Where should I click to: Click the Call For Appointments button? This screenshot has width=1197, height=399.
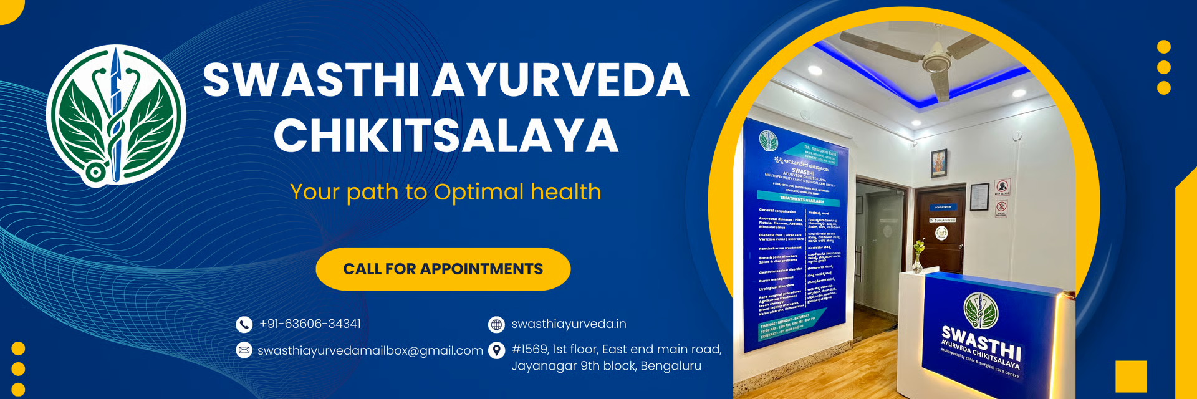(x=443, y=269)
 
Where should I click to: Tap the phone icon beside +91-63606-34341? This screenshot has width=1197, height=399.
(x=244, y=324)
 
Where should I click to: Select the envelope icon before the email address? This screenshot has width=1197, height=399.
(x=244, y=350)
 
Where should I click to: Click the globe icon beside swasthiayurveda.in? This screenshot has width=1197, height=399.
(x=496, y=324)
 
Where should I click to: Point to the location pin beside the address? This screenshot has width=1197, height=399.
(x=496, y=350)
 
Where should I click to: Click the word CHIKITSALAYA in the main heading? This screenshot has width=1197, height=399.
(x=446, y=135)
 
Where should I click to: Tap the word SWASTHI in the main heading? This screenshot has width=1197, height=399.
(x=310, y=80)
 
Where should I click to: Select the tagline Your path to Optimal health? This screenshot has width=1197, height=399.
(x=446, y=192)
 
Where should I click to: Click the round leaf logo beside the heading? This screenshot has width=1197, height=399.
(x=116, y=115)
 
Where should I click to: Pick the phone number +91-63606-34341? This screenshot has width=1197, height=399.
(x=310, y=324)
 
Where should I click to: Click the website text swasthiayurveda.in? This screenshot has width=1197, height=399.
(x=569, y=324)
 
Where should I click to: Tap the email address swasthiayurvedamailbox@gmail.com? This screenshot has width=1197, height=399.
(x=370, y=351)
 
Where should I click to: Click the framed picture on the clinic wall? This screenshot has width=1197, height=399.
(x=938, y=163)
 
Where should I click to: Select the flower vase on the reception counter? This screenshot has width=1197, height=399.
(x=917, y=256)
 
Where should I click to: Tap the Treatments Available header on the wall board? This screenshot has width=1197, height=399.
(x=802, y=200)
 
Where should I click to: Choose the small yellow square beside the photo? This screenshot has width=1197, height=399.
(x=1131, y=377)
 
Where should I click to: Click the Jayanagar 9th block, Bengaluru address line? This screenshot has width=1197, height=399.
(x=606, y=366)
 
